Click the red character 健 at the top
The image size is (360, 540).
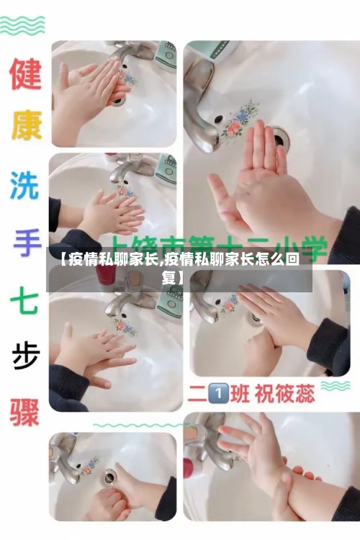click(x=25, y=74)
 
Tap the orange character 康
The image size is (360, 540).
click(x=25, y=127)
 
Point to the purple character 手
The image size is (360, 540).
click(x=25, y=241)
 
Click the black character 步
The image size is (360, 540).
click(x=25, y=354)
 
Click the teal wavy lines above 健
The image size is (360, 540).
click(x=22, y=26)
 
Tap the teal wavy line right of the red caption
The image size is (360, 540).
click(x=336, y=386)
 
